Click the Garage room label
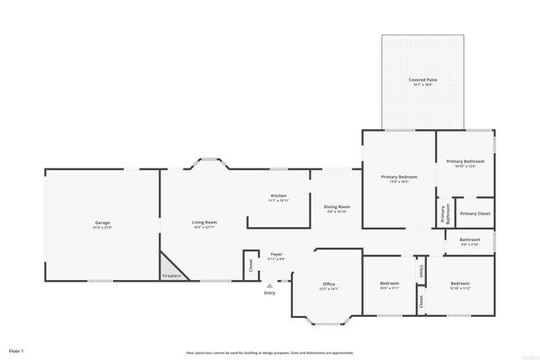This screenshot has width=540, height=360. pos(102,223)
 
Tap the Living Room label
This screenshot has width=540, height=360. pos(204,223)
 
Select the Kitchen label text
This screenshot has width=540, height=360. pos(278,196)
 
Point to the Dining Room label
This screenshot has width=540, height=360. pos(337,207)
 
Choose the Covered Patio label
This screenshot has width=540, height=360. pos(423,79)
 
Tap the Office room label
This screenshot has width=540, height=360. pos(329,284)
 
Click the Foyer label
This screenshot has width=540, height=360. pos(276,254)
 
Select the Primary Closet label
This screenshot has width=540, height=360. pos(475,213)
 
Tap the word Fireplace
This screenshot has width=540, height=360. pos(172,277)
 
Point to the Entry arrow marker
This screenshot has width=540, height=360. pos(270,286)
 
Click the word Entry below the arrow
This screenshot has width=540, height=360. pos(270,293)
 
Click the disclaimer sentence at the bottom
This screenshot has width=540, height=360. pos(270,352)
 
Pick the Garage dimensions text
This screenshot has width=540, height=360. pos(102,228)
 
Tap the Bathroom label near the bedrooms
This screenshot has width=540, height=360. pos(470,239)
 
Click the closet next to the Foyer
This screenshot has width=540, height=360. pos(251,265)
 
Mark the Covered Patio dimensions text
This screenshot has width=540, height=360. pos(423,84)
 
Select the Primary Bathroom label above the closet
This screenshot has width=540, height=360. pos(465,161)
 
